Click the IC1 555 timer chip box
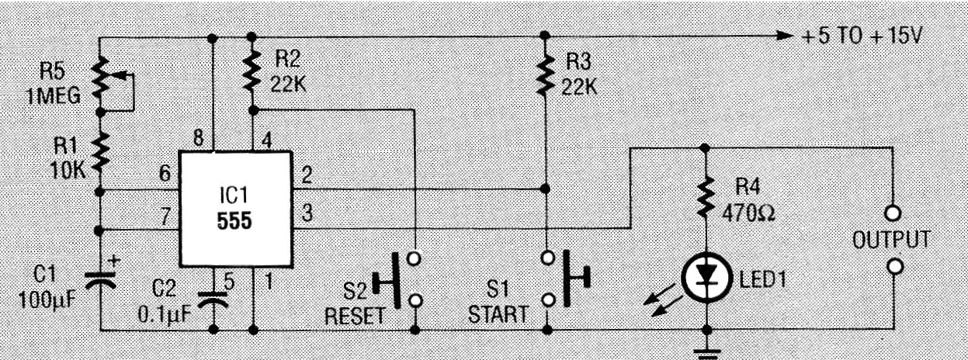[235, 209]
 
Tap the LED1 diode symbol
[706, 278]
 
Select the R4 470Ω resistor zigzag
[706, 196]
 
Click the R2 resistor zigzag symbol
[252, 71]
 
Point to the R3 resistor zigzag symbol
[545, 74]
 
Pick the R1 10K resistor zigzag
[100, 151]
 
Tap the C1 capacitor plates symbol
[100, 281]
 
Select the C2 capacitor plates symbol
[213, 300]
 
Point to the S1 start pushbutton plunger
[576, 279]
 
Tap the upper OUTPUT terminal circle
[893, 213]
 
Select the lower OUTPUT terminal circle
[894, 266]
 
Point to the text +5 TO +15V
[862, 36]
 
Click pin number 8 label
[199, 138]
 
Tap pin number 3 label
[307, 213]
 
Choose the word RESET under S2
[355, 317]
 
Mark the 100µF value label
[47, 299]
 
